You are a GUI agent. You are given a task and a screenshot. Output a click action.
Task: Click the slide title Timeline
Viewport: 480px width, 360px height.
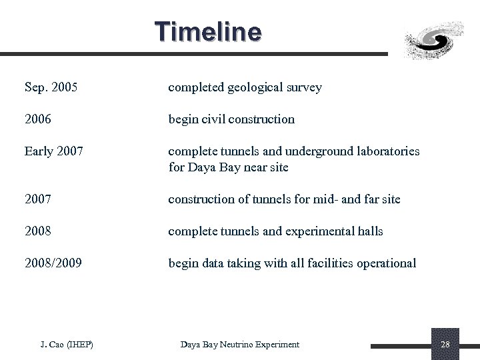click(208, 32)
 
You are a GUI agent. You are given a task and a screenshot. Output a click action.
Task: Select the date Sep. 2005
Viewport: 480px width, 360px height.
click(51, 87)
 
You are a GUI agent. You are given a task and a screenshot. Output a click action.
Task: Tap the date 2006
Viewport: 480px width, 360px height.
click(38, 119)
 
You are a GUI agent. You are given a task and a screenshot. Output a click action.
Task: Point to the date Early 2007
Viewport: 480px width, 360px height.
click(54, 151)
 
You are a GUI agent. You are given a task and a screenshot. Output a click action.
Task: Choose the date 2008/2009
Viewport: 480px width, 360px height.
click(53, 263)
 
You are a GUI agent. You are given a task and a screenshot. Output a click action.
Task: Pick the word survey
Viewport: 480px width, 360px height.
click(303, 87)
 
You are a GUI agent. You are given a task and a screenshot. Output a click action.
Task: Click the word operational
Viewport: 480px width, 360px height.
click(387, 263)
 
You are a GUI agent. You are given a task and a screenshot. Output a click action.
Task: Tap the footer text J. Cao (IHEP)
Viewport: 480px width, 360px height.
click(67, 345)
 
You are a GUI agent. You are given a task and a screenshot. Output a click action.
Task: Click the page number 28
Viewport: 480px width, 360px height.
click(445, 345)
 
